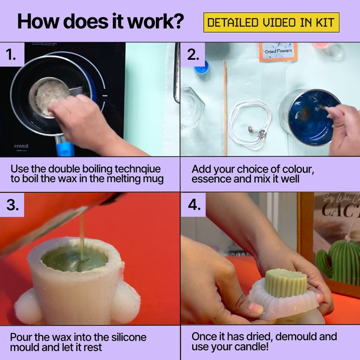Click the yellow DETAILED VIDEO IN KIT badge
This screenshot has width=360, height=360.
click(271, 22)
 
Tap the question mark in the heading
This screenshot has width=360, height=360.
click(177, 21)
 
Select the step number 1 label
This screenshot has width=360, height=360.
click(11, 55)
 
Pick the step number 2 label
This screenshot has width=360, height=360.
click(193, 55)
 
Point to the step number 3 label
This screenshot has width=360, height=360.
click(12, 205)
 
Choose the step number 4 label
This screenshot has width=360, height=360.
click(194, 205)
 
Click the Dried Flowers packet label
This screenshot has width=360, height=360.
click(278, 51)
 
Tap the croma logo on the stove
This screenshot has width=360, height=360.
click(21, 146)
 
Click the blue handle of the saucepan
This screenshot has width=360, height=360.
click(65, 149)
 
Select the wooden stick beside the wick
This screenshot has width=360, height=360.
click(225, 108)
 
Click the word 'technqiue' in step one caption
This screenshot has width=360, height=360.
click(138, 169)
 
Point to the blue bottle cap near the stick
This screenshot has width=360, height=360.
click(202, 68)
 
